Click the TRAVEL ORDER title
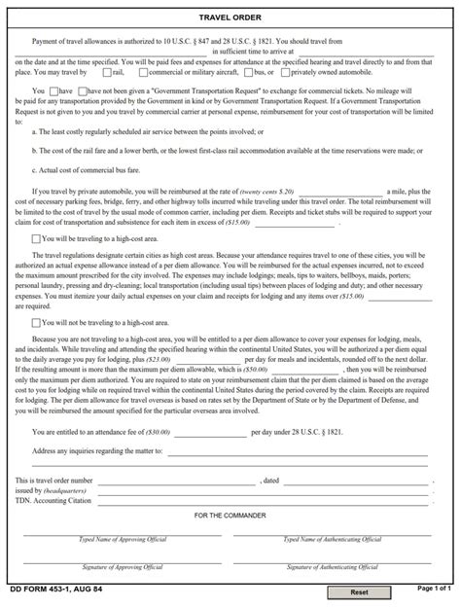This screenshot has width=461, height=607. click(230, 18)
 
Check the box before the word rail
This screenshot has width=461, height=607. click(106, 71)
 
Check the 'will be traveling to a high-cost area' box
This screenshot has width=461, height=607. click(36, 237)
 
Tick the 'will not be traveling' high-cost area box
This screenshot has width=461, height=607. click(36, 320)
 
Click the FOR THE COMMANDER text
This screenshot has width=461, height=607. click(230, 515)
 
